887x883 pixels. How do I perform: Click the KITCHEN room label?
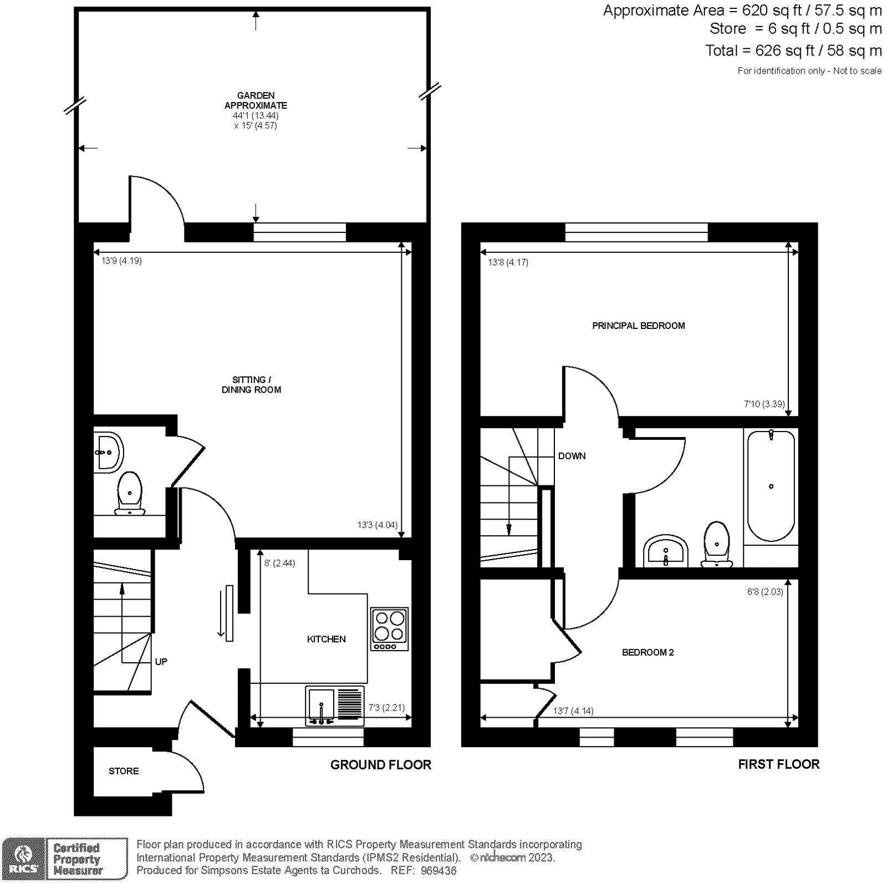point(326,639)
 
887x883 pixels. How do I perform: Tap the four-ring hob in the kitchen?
point(389,629)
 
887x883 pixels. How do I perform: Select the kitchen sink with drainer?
point(334,705)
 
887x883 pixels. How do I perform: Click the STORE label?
point(124,771)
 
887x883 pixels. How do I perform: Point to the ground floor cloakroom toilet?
point(130,493)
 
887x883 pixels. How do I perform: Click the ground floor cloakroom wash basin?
point(108,452)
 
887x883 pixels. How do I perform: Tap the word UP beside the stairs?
point(161,662)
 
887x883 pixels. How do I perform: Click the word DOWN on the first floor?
point(572,456)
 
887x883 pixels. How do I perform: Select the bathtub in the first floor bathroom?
point(771,485)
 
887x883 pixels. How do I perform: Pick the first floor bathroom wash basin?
point(666,551)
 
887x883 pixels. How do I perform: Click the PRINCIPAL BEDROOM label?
point(638,326)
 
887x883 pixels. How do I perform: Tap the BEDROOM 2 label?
point(648,652)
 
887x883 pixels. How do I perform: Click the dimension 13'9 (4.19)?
point(121,261)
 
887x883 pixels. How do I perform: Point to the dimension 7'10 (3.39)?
point(764,404)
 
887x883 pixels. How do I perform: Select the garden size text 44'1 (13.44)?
point(256,115)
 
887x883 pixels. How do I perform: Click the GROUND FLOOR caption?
point(380,765)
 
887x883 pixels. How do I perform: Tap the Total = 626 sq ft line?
point(793,50)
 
